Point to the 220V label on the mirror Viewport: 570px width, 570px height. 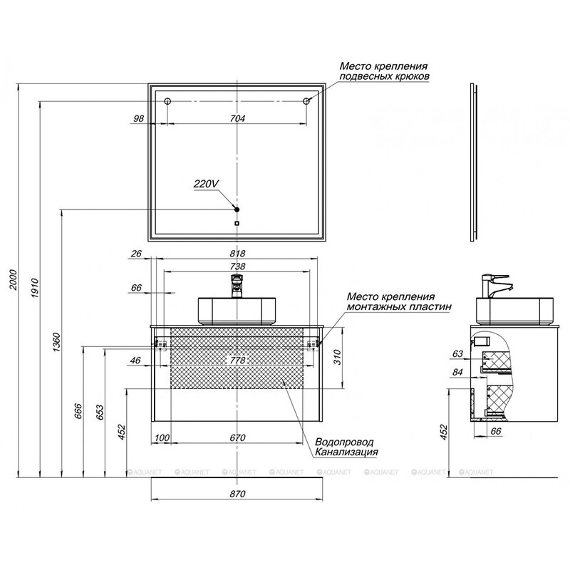tap(204, 184)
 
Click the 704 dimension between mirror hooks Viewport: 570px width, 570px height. tap(237, 119)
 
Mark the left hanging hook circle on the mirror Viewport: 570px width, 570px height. tap(167, 102)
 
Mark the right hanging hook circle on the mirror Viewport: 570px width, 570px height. tap(308, 102)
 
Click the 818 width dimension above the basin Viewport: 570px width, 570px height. tap(238, 254)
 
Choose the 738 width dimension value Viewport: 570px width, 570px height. tap(238, 266)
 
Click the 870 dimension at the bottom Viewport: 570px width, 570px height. tap(238, 494)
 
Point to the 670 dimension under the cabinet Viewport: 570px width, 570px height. tap(238, 437)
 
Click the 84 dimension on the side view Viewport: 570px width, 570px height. tap(457, 372)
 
